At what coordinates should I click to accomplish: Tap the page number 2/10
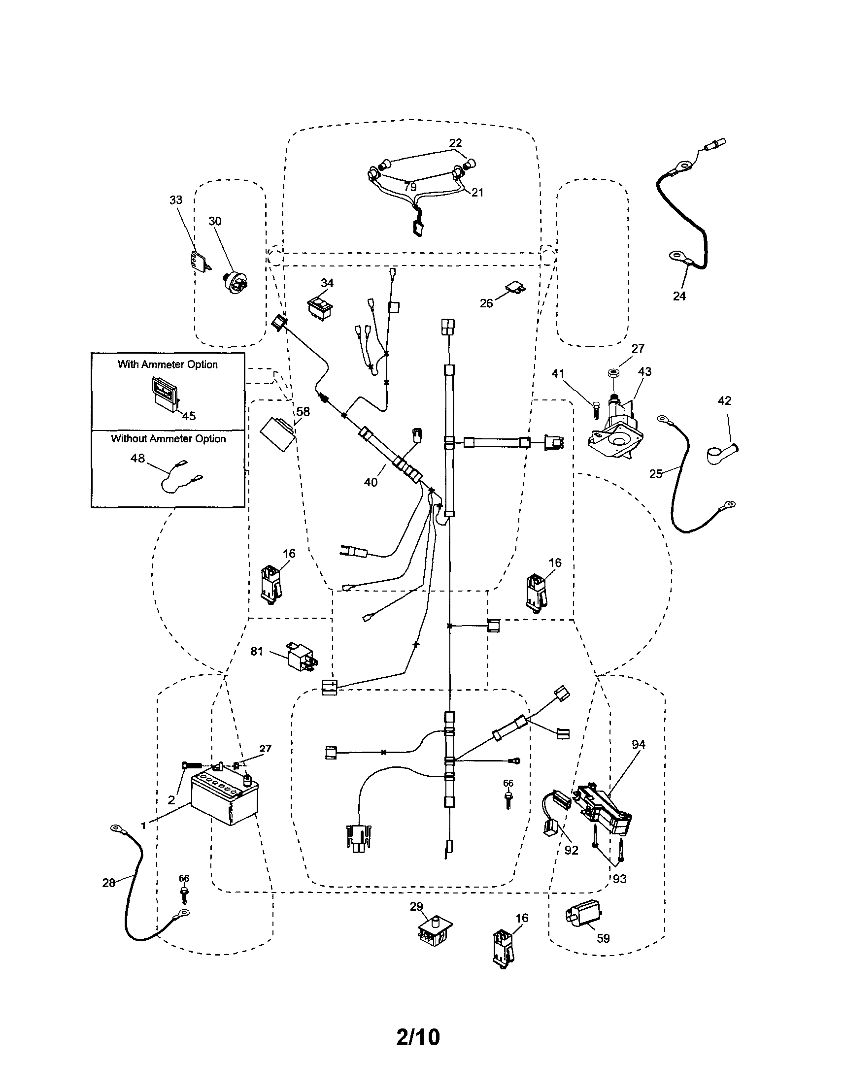tap(418, 1037)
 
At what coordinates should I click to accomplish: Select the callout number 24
tap(679, 296)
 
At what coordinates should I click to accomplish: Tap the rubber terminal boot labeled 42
tap(719, 453)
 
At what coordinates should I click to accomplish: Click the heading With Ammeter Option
tap(168, 364)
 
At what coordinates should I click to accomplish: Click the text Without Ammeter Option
tap(169, 438)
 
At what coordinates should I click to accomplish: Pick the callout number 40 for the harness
tap(371, 482)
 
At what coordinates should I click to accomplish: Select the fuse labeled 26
tap(514, 287)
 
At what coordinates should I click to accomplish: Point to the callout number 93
tap(619, 879)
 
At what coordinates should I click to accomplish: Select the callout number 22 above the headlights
tap(455, 143)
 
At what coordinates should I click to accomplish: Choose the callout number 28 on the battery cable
tap(108, 883)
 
